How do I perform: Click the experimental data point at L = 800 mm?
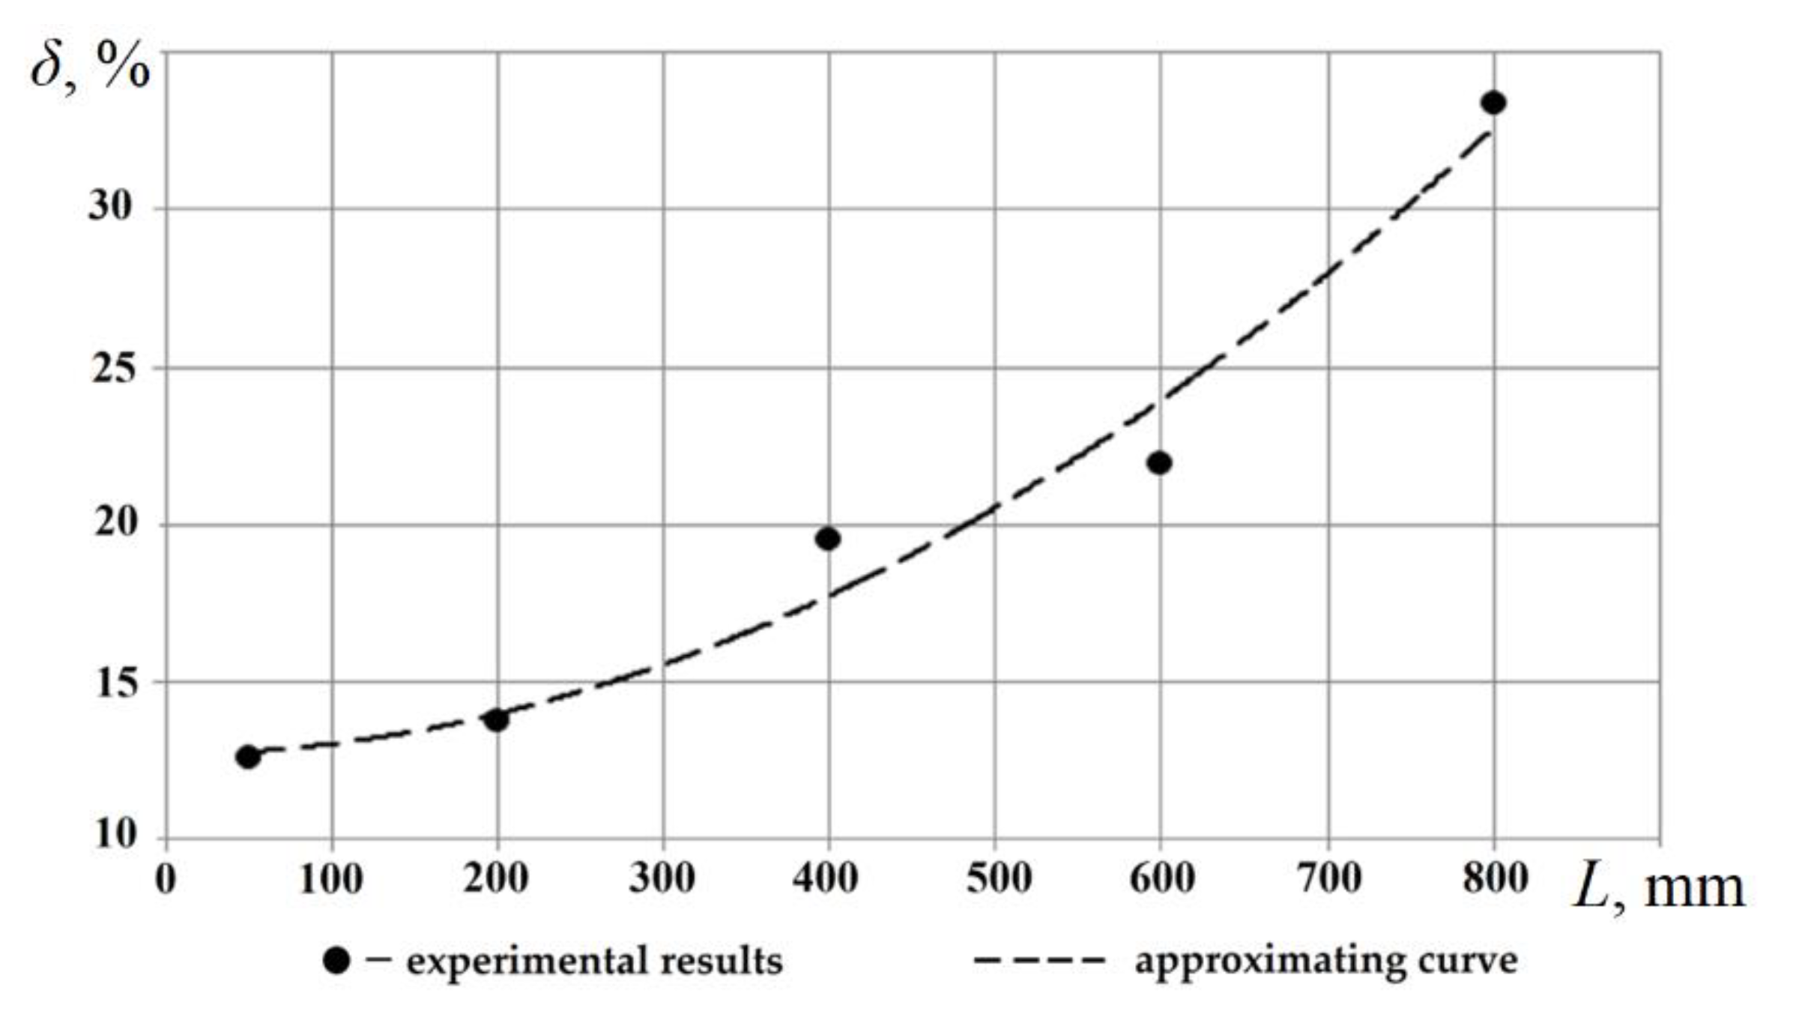pyautogui.click(x=1493, y=103)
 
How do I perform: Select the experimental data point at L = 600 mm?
pyautogui.click(x=1159, y=463)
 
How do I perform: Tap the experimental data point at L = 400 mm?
pyautogui.click(x=828, y=538)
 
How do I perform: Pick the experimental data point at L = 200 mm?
pyautogui.click(x=496, y=720)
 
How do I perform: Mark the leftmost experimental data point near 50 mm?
pyautogui.click(x=248, y=757)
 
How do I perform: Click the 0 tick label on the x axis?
pyautogui.click(x=166, y=878)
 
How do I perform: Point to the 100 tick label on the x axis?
pyautogui.click(x=330, y=878)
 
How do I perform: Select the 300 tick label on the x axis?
pyautogui.click(x=662, y=878)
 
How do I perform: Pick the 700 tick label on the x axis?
pyautogui.click(x=1328, y=878)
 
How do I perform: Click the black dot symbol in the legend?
pyautogui.click(x=336, y=961)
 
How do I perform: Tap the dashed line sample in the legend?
pyautogui.click(x=1039, y=959)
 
